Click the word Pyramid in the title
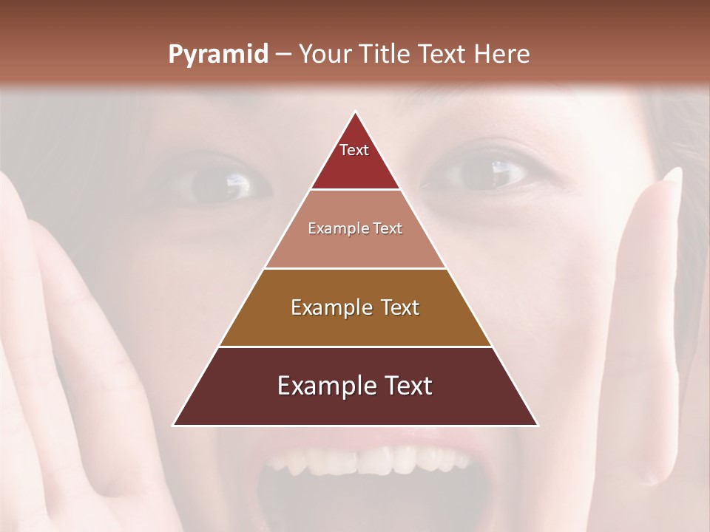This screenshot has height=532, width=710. tap(217, 55)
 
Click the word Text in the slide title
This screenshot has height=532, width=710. tap(442, 55)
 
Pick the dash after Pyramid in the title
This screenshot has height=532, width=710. tap(283, 55)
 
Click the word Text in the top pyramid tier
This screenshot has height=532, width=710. tap(354, 150)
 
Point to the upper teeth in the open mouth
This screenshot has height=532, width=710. tap(362, 462)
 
